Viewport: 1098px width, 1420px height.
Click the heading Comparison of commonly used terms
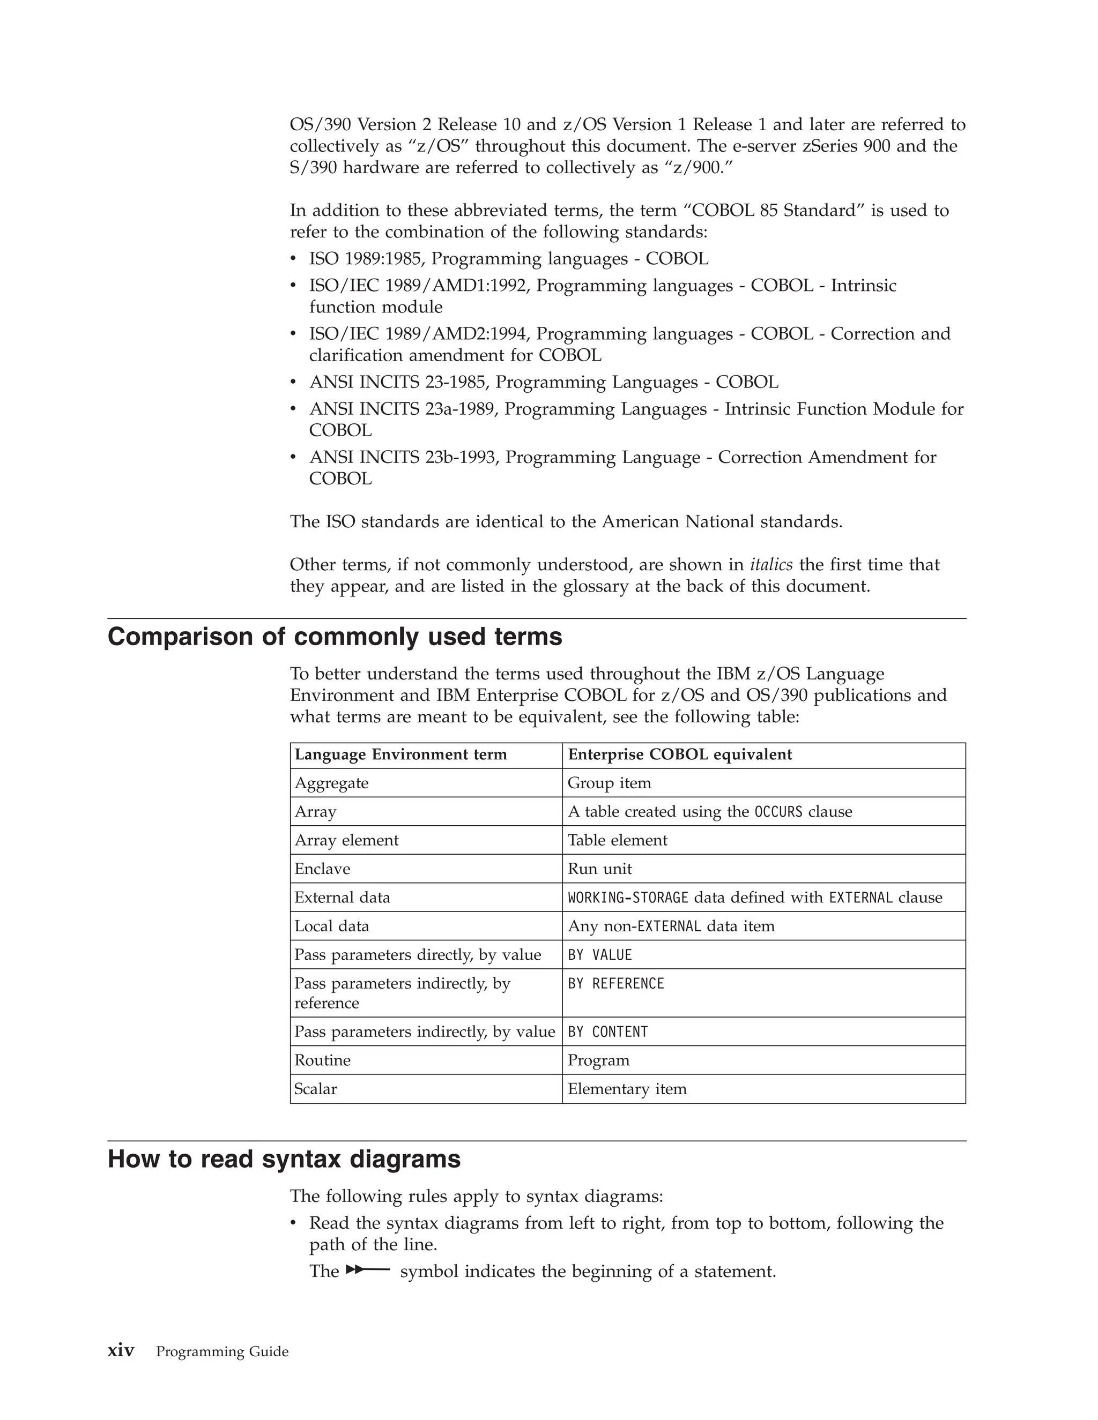coord(335,637)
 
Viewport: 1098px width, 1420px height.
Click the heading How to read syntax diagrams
coord(284,1159)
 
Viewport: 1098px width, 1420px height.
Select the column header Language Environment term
coord(400,754)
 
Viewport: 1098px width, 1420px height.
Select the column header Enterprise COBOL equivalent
coord(679,754)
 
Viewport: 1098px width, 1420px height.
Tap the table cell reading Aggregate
coord(331,783)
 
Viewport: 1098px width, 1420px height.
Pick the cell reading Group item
coord(609,783)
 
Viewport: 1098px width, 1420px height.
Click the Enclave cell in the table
coord(322,869)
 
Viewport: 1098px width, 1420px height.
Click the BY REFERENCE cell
coord(615,983)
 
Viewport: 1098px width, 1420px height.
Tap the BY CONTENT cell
coord(607,1032)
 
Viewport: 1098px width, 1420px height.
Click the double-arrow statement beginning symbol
coord(367,1269)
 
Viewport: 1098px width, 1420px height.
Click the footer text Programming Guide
coord(222,1352)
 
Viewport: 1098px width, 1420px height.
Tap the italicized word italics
coord(771,564)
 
